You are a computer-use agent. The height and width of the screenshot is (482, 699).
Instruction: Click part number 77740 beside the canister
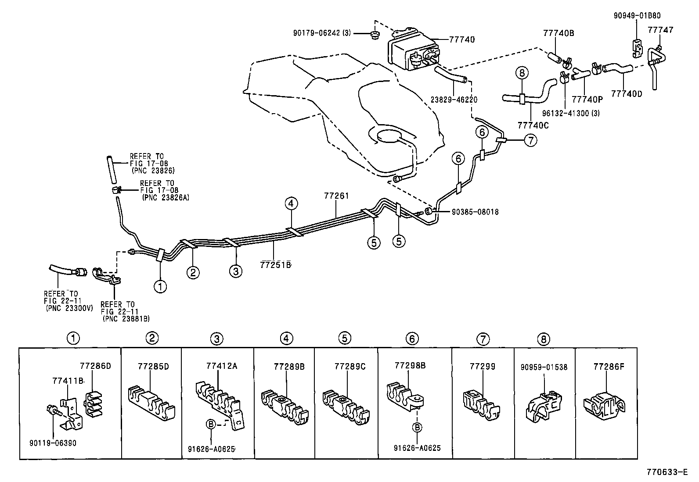coord(462,39)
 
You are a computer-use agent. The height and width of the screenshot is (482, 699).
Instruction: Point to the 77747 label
coord(660,30)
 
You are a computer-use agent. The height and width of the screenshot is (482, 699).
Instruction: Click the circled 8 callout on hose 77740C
coord(522,73)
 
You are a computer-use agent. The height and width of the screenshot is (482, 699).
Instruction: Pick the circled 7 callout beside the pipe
coord(530,141)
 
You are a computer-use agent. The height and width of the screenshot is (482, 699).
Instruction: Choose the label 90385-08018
coord(475,212)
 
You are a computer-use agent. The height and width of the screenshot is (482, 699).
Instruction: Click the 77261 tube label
coord(336,196)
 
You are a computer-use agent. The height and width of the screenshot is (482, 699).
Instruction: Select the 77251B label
coord(276,264)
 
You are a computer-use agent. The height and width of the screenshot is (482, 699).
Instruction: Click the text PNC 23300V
coord(69,308)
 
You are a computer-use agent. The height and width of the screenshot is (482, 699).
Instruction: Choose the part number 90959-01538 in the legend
coord(543,367)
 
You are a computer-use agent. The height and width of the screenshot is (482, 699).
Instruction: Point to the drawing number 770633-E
coord(666,472)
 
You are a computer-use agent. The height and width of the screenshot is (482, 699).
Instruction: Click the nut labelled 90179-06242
coord(375,35)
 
